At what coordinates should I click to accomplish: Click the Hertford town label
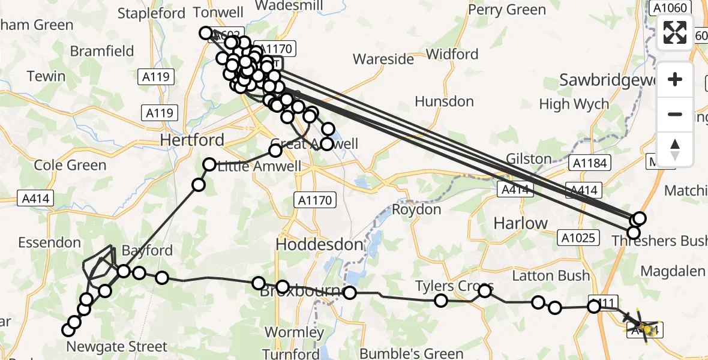tap(192, 140)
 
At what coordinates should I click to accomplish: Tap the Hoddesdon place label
tap(319, 244)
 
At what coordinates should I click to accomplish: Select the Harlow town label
tap(520, 223)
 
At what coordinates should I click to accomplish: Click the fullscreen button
tap(675, 32)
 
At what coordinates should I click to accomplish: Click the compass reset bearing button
tap(675, 149)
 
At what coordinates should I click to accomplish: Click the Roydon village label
tap(416, 209)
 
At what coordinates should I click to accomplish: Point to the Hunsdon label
tap(444, 101)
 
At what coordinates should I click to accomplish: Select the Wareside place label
tap(383, 59)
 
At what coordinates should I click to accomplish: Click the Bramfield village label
tap(102, 51)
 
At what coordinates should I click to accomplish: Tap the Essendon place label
tap(49, 242)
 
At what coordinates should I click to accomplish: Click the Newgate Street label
tap(116, 346)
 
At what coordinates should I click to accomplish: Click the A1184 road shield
tap(590, 163)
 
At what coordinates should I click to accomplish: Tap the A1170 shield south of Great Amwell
tap(314, 200)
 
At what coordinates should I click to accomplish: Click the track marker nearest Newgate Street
tap(68, 329)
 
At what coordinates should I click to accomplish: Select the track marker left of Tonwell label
tap(206, 33)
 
